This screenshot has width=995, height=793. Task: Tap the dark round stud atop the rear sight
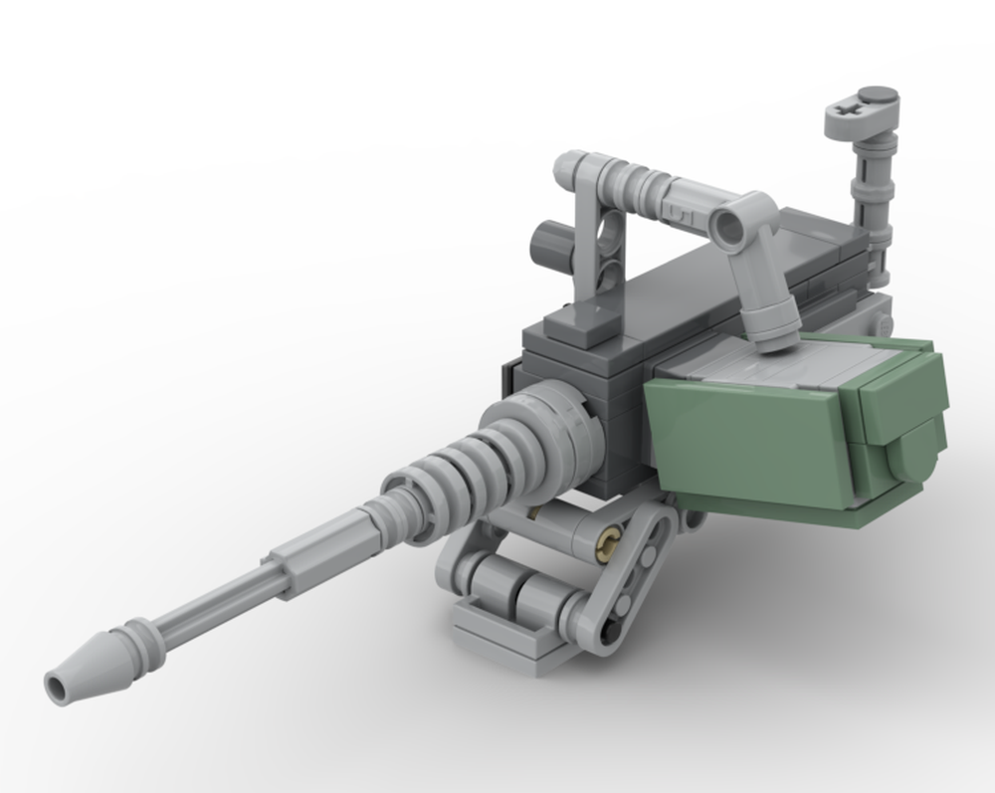[879, 98]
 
